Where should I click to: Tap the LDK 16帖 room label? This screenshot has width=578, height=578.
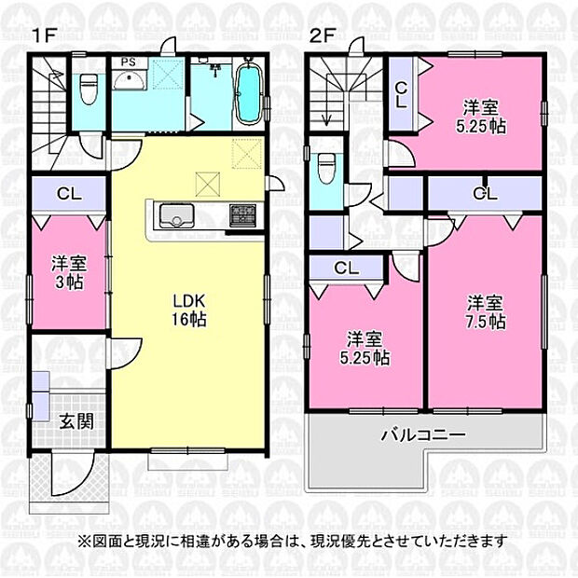[x=187, y=310]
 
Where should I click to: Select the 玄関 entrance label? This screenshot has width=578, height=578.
[x=76, y=421]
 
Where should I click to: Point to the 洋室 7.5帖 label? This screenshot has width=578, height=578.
[x=486, y=312]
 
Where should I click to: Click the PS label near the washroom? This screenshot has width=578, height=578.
[x=127, y=63]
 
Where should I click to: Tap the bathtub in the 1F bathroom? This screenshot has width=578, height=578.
[x=248, y=93]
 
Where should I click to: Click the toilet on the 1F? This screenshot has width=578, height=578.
[x=89, y=90]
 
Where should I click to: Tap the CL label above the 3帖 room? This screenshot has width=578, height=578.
[x=66, y=195]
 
